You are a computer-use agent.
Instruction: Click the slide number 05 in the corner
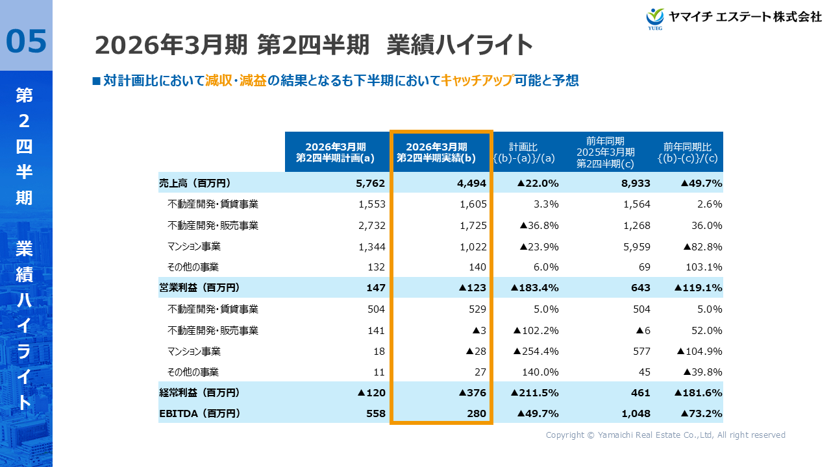(x=26, y=40)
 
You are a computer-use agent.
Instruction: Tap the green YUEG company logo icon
(x=655, y=18)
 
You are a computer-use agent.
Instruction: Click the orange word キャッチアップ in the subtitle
(x=477, y=80)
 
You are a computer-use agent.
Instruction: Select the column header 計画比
(x=523, y=147)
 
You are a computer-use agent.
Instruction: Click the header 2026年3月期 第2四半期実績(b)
(x=441, y=152)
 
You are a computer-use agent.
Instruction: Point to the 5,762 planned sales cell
(x=371, y=184)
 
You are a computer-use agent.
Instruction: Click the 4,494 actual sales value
(x=471, y=184)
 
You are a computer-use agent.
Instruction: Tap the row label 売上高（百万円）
(x=195, y=184)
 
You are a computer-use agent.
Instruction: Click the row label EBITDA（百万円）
(x=199, y=413)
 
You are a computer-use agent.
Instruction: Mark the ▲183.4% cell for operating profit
(x=535, y=288)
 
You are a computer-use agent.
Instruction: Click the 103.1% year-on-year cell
(x=704, y=267)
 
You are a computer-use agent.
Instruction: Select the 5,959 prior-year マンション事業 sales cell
(x=636, y=246)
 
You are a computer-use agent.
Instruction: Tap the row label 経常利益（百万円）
(x=199, y=392)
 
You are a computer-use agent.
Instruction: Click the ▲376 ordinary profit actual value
(x=472, y=392)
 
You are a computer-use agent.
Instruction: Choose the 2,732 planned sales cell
(x=372, y=226)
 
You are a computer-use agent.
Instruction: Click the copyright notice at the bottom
(x=665, y=435)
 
